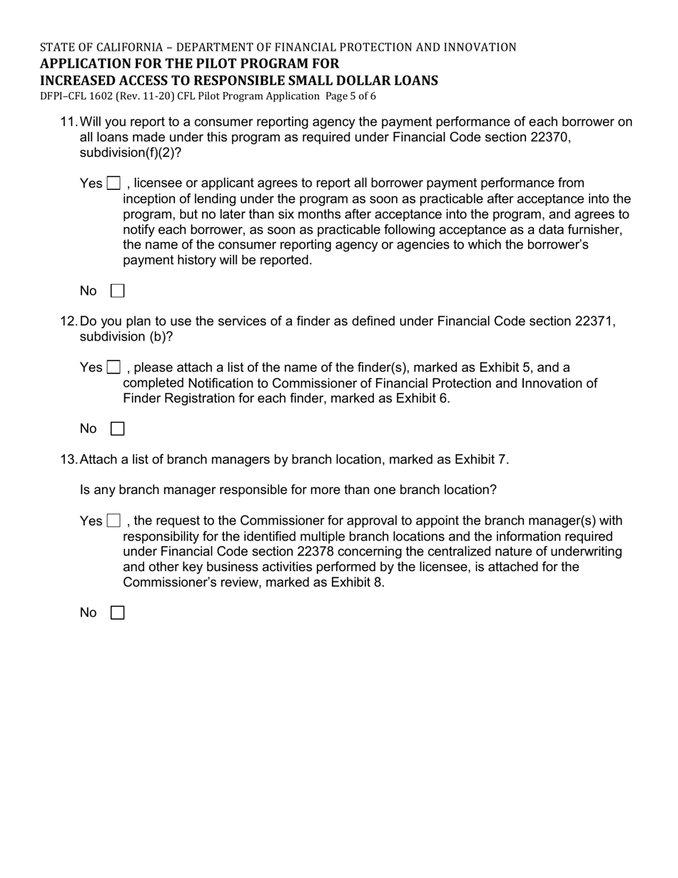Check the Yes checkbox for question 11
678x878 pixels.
point(113,183)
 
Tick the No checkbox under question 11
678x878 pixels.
point(118,291)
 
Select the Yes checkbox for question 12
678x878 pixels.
point(113,368)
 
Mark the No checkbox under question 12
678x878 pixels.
point(118,428)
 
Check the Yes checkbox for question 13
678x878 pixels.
point(113,520)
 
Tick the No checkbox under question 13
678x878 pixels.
point(118,612)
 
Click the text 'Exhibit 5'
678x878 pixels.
point(505,368)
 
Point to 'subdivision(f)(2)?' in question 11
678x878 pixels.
point(131,153)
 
